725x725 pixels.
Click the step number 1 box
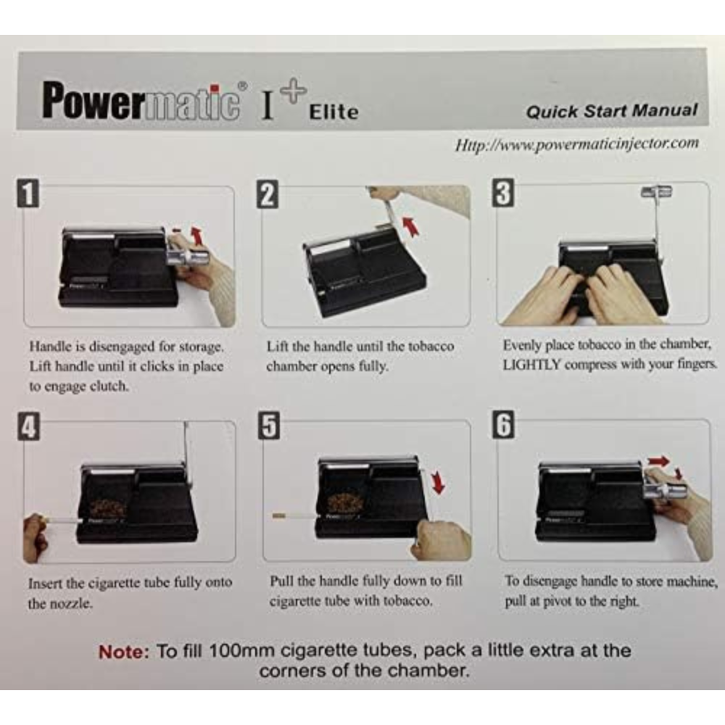pos(28,193)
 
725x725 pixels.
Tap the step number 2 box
pos(268,194)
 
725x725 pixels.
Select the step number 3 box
pos(503,193)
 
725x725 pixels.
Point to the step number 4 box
pos(29,427)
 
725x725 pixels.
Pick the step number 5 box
pos(269,426)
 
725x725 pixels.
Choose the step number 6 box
pos(504,424)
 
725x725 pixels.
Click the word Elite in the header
pos(333,112)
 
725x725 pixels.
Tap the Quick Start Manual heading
pos(611,111)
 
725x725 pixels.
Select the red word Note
pos(124,652)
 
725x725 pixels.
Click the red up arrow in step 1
pos(197,236)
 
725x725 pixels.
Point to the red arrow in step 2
pos(410,226)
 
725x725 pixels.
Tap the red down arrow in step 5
pos(437,483)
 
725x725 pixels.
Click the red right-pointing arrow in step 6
pos(658,461)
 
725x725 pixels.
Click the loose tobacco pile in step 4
pos(107,507)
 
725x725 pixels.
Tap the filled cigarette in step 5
pos(294,515)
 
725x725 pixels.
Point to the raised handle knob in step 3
pos(656,191)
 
